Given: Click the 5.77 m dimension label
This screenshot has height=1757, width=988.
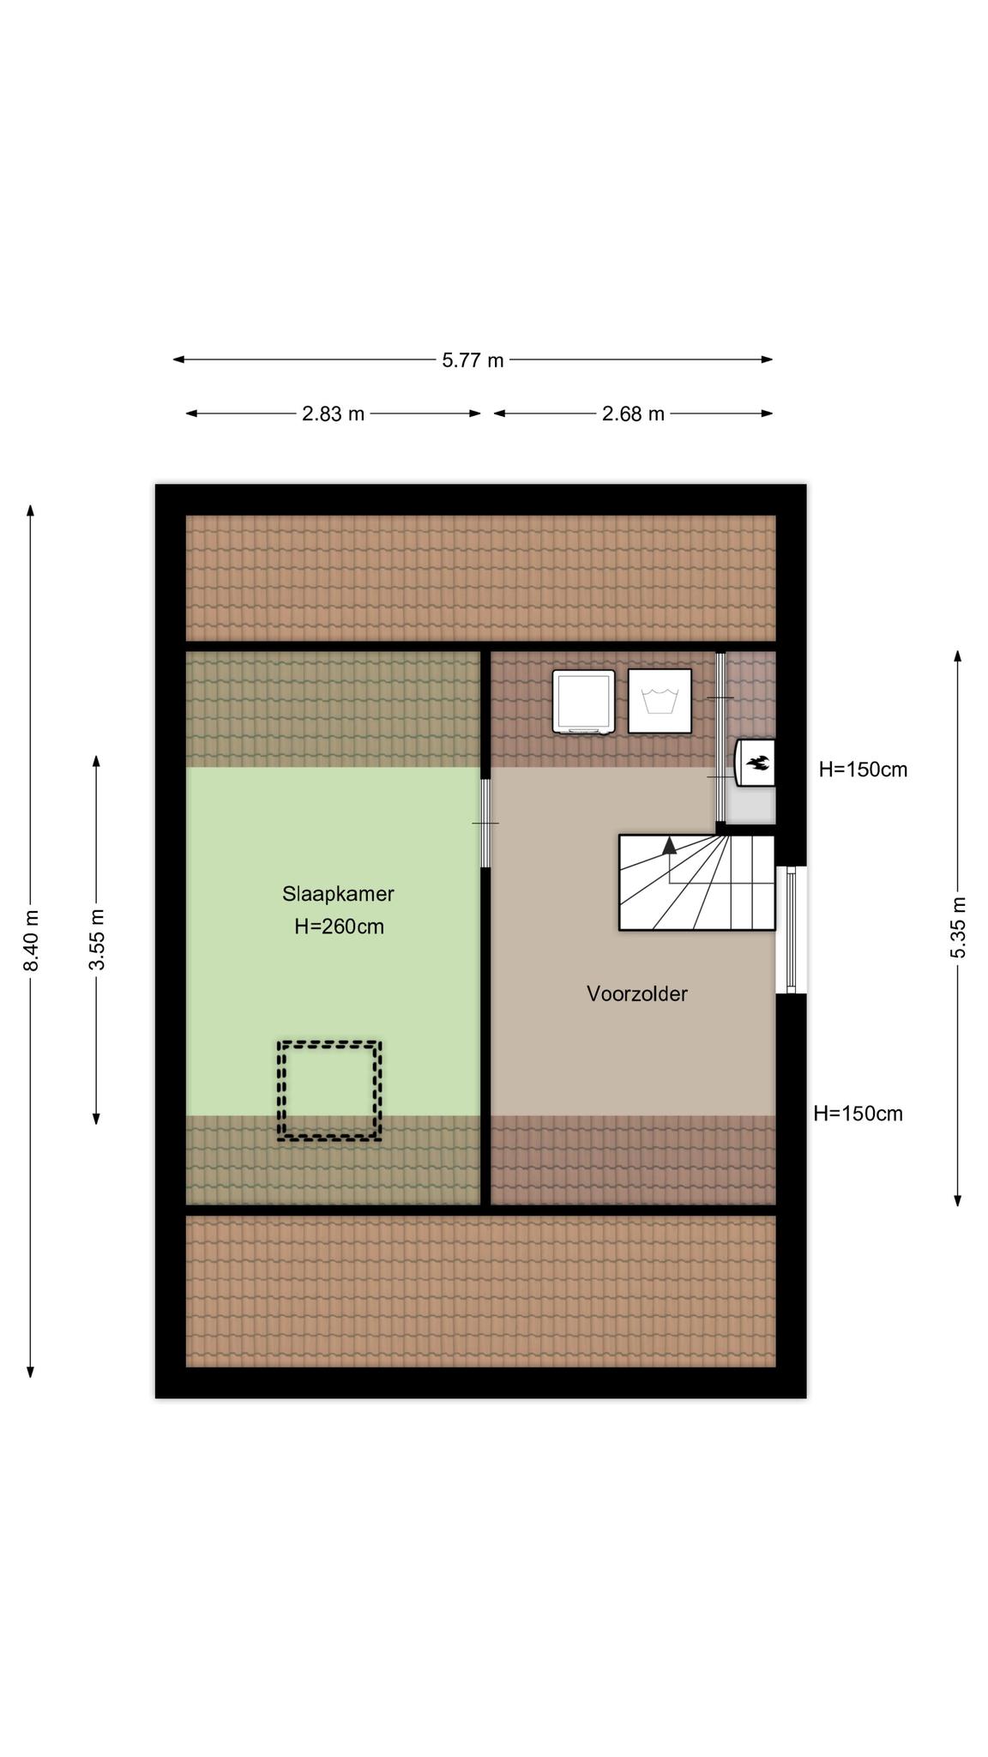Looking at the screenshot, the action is [x=473, y=360].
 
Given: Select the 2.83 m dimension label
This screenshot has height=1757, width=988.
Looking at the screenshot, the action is [x=333, y=414].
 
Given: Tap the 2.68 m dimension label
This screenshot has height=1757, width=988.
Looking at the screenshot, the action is [x=633, y=414].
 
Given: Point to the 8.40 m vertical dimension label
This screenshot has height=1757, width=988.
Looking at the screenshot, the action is [x=31, y=940].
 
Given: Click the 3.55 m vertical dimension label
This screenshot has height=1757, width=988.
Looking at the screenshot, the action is [x=97, y=939].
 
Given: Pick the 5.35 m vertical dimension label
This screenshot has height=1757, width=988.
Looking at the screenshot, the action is [x=959, y=927].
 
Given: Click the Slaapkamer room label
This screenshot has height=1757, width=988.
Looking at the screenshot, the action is [x=338, y=894].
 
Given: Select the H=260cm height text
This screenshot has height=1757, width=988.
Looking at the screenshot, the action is [x=339, y=927].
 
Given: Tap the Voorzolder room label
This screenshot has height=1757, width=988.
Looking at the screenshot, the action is [x=637, y=993].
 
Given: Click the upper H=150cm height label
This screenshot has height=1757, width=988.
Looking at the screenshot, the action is [x=863, y=770].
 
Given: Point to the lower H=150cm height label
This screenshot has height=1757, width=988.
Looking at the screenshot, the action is [x=858, y=1114].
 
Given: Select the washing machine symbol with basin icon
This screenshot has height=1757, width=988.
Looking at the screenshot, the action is [x=660, y=701].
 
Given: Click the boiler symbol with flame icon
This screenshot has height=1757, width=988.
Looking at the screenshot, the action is [x=756, y=762].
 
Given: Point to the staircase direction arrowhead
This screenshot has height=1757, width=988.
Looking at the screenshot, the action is [x=669, y=845].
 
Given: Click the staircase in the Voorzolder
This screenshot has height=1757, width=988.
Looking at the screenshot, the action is [x=696, y=882].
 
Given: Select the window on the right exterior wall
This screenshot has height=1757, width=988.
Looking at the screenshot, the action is [x=791, y=930].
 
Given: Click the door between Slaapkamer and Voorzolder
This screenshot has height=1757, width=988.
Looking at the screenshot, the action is [x=485, y=824].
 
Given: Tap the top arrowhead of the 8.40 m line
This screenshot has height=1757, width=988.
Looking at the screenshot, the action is [x=31, y=510].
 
